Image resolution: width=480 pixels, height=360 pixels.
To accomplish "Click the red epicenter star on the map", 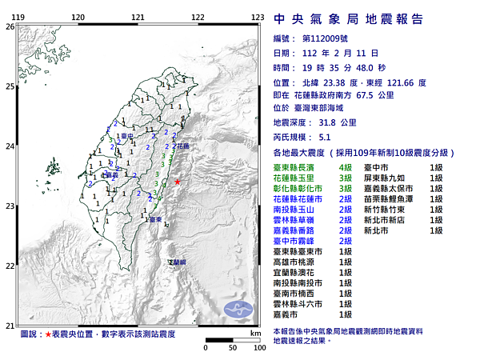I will (x=177, y=182).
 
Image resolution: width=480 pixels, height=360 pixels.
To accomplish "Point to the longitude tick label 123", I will (x=258, y=17).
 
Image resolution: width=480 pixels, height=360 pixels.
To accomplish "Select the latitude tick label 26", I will (x=9, y=26).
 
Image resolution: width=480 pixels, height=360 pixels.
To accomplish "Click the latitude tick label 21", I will (x=9, y=325).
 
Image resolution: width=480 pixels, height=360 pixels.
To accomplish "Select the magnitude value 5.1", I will (x=324, y=137).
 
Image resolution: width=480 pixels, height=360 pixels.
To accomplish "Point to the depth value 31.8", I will (x=328, y=122).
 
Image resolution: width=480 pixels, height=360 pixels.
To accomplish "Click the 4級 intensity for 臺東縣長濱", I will (x=346, y=166).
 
